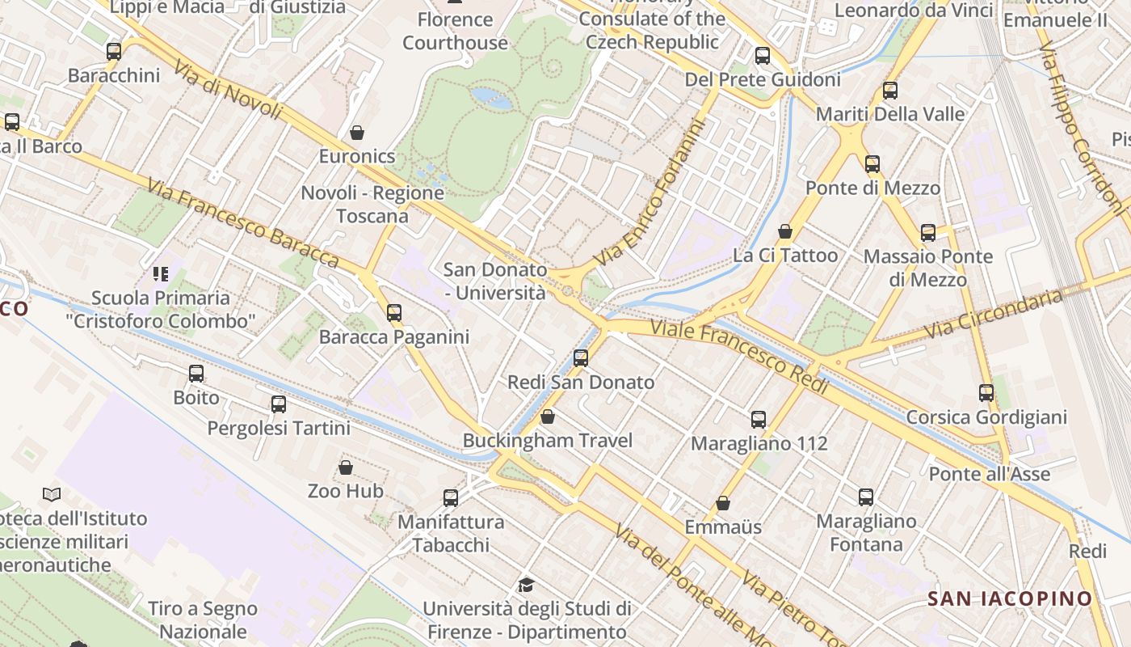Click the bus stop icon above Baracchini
tap(114, 51)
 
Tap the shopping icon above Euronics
tap(357, 132)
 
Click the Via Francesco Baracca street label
tap(242, 223)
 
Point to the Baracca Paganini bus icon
tap(394, 312)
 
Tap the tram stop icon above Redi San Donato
tap(581, 357)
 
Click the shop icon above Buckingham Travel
tap(548, 417)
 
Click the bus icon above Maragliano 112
tap(759, 419)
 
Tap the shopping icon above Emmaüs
tap(723, 503)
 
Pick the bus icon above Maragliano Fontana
tap(866, 497)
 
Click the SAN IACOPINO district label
tap(1010, 598)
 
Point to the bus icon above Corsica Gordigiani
tap(986, 393)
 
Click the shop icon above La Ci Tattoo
tap(784, 231)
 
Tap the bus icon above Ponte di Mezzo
tap(872, 163)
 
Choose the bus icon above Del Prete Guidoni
tap(763, 56)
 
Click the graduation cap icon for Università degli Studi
tap(527, 584)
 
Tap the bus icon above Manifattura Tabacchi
tap(451, 497)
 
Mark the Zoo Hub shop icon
tap(346, 467)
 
